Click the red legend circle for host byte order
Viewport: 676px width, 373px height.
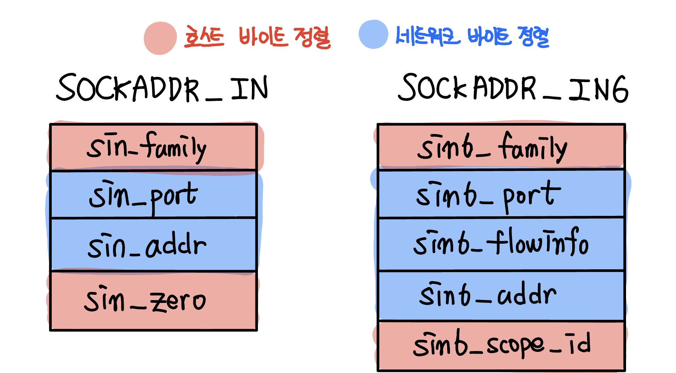click(160, 38)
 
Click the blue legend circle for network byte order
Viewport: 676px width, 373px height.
click(373, 34)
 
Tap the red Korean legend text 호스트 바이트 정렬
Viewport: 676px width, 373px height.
click(257, 37)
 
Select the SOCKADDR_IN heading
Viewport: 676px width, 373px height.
click(162, 88)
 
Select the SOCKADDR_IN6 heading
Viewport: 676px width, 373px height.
click(513, 88)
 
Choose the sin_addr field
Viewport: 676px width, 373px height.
click(153, 245)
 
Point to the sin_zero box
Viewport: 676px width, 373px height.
click(153, 301)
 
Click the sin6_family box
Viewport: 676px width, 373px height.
click(501, 147)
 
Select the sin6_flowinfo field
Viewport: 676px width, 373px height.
click(501, 244)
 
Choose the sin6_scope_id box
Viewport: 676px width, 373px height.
click(501, 345)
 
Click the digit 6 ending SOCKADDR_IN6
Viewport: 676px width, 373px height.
click(618, 89)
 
